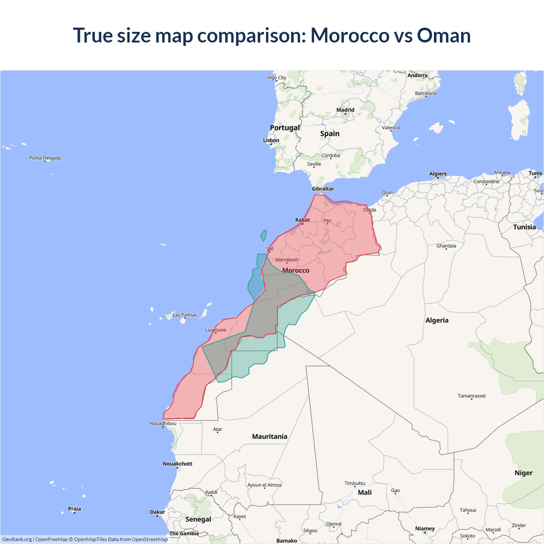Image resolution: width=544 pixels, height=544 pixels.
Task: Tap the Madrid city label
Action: (345, 110)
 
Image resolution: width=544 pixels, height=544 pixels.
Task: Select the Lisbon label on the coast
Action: (271, 140)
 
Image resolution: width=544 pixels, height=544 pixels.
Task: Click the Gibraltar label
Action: (323, 189)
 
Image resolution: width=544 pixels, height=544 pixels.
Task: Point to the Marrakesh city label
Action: (287, 260)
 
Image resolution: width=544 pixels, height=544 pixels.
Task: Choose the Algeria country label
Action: (437, 320)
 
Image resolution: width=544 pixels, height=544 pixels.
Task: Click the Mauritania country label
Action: (269, 436)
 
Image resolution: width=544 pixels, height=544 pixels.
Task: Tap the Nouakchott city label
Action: (178, 464)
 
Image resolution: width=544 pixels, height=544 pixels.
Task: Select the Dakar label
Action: (157, 512)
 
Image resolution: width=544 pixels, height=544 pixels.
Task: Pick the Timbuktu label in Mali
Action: (355, 483)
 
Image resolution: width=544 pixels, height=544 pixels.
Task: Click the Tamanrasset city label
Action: (471, 396)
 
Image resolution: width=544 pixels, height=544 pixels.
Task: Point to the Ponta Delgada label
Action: (45, 158)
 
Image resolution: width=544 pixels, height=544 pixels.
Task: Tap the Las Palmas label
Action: (185, 315)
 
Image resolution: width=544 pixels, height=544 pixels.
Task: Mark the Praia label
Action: (74, 509)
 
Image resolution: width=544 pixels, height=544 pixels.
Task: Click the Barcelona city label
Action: (425, 93)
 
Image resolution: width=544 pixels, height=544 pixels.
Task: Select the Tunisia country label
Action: (524, 227)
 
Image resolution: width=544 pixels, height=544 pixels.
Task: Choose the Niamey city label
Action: (425, 529)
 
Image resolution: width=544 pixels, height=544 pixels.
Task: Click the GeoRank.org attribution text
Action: (17, 539)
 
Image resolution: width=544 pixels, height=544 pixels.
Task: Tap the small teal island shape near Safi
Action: (263, 235)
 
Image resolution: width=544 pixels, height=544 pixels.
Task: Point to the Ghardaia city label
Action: (446, 246)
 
